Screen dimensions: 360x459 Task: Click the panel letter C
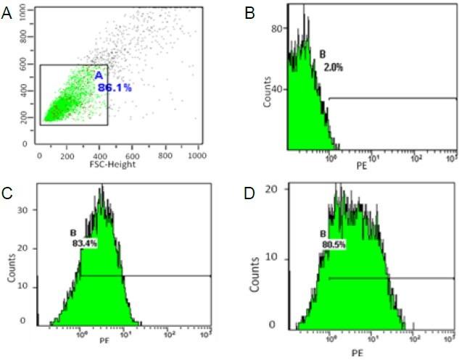[7, 193]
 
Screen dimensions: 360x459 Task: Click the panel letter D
[249, 193]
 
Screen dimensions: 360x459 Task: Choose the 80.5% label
[333, 245]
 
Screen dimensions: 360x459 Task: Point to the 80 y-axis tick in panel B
[276, 29]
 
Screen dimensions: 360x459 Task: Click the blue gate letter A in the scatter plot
[99, 75]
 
